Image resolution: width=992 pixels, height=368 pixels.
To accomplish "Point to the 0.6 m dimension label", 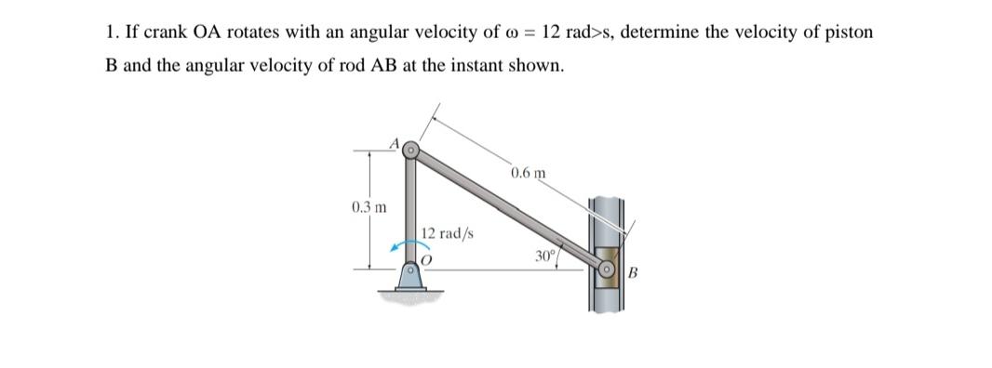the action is (528, 173).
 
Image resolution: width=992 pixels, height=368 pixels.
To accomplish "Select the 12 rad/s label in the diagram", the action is (449, 233).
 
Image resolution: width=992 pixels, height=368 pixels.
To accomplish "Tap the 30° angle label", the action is (543, 256).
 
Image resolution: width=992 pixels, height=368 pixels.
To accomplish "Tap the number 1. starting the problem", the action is (111, 33).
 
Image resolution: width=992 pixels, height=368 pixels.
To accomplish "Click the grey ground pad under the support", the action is (409, 295).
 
